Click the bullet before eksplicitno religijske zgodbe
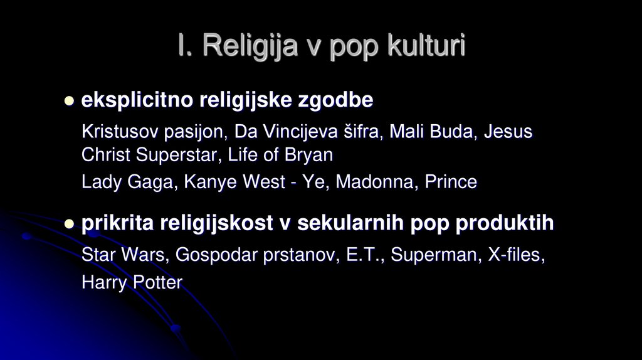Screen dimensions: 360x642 [69, 100]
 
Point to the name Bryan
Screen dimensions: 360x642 [310, 154]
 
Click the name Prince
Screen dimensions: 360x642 [451, 183]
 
